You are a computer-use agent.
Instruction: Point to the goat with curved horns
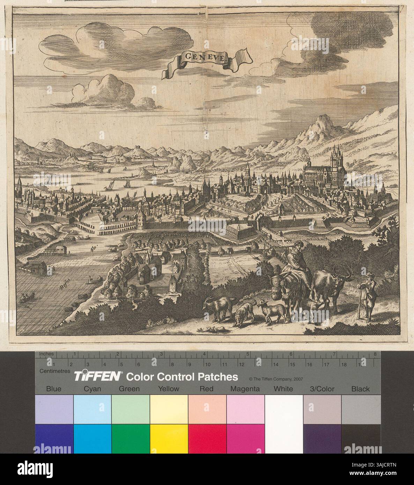click(219, 307)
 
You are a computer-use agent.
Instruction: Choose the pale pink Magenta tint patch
click(245, 409)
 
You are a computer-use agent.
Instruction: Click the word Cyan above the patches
click(93, 389)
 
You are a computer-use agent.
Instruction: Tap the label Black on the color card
click(361, 389)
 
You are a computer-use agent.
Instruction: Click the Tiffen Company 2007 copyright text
click(275, 378)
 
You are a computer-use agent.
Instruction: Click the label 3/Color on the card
click(322, 389)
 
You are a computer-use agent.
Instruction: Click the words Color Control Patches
click(182, 377)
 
